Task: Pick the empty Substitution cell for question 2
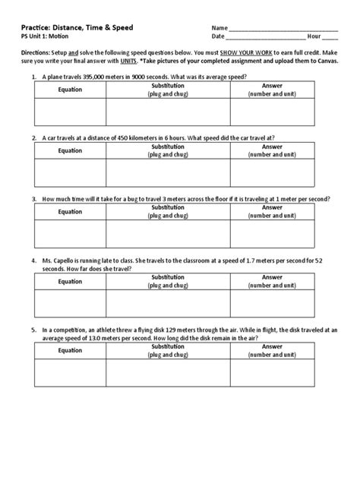[169, 172]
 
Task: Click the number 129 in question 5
[166, 330]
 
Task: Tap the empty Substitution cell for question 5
[169, 372]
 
